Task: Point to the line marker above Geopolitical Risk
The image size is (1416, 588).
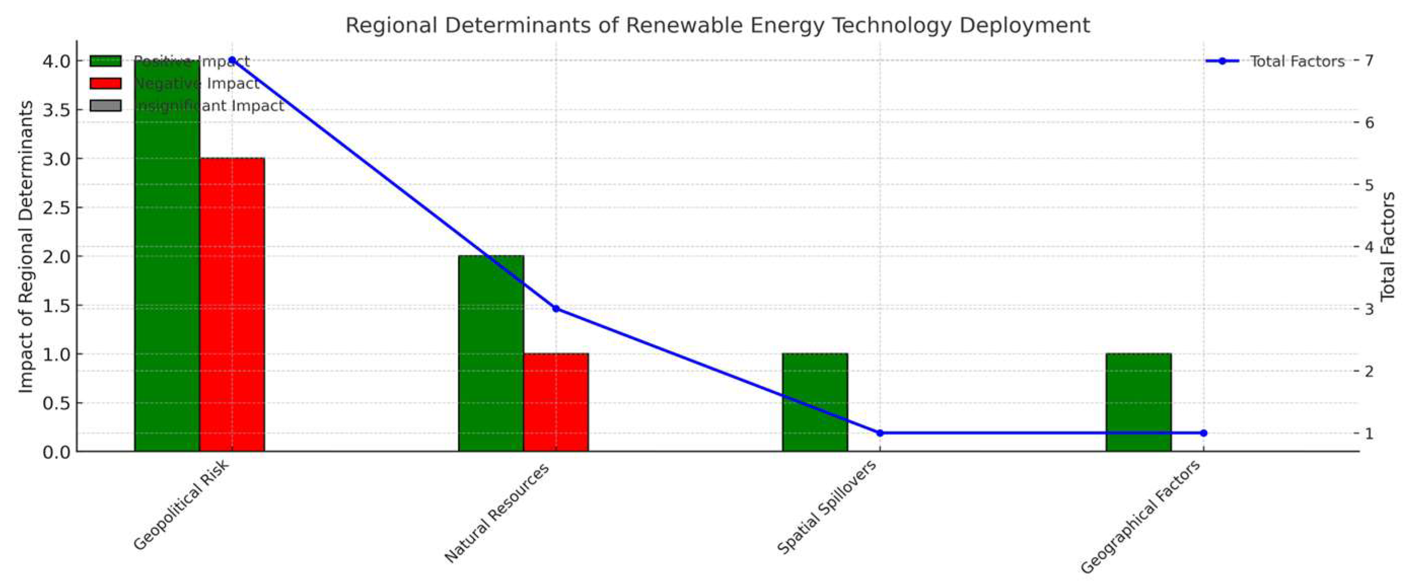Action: [232, 60]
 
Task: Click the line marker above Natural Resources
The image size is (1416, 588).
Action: [556, 309]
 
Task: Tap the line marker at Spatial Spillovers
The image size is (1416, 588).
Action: [880, 433]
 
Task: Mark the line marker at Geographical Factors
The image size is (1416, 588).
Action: [1203, 433]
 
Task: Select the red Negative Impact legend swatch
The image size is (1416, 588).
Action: [105, 84]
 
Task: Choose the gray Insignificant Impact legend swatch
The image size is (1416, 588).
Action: [105, 105]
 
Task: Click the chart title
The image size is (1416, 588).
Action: [717, 25]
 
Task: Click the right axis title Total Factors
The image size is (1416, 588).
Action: [1388, 246]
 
